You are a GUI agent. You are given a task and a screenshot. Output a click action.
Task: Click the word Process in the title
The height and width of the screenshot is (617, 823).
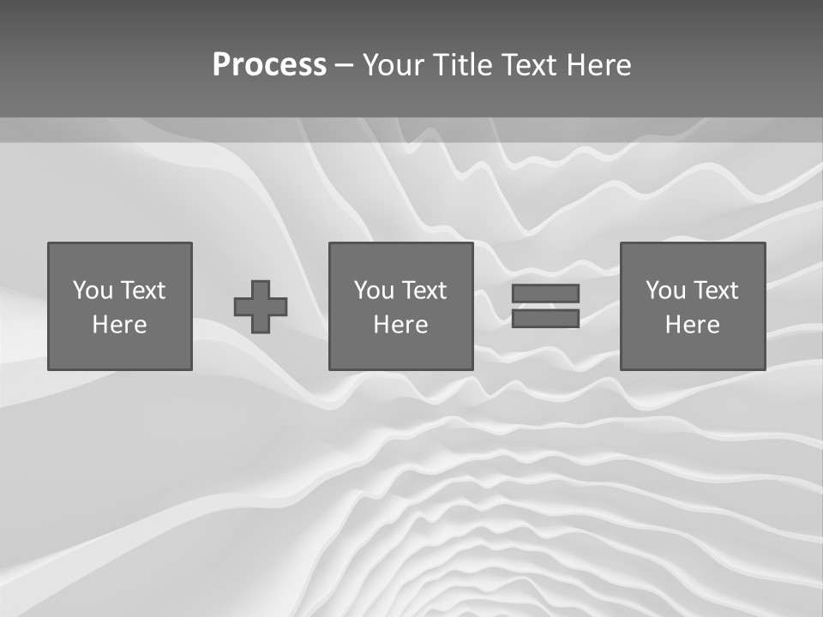coord(269,65)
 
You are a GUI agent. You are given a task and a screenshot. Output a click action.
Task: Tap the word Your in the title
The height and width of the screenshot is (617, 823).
coord(391,65)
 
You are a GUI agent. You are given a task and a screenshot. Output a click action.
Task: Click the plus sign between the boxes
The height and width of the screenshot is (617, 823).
coord(261,307)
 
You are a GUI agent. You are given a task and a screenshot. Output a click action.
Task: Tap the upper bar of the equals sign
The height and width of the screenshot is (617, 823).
coord(545,293)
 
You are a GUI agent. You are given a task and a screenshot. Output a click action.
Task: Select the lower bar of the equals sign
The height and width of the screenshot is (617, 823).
coord(545,318)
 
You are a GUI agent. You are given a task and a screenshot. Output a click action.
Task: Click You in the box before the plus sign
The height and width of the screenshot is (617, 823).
coord(93,291)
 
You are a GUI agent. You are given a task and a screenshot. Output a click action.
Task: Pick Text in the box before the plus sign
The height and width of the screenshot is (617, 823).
coord(142,291)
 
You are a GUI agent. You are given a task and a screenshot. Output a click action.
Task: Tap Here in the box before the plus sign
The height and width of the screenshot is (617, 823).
coord(119,325)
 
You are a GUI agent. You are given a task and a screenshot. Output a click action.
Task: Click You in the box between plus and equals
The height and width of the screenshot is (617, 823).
coord(374,291)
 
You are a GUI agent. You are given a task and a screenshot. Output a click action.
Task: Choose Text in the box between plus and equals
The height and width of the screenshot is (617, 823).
coord(424,291)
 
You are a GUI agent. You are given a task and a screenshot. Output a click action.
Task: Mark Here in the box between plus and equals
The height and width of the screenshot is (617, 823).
coord(400,325)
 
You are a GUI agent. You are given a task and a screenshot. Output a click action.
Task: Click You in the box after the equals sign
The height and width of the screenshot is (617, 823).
coord(665,291)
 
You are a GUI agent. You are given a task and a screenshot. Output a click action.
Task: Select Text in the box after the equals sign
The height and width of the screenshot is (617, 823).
coord(715,291)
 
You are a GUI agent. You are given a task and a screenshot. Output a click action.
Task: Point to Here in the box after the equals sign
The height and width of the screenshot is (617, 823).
coord(692,325)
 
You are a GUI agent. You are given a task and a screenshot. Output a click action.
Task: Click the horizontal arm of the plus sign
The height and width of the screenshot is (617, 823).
coord(243,307)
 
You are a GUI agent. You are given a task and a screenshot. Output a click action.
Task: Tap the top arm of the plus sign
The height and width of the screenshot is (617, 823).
coord(261,288)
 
